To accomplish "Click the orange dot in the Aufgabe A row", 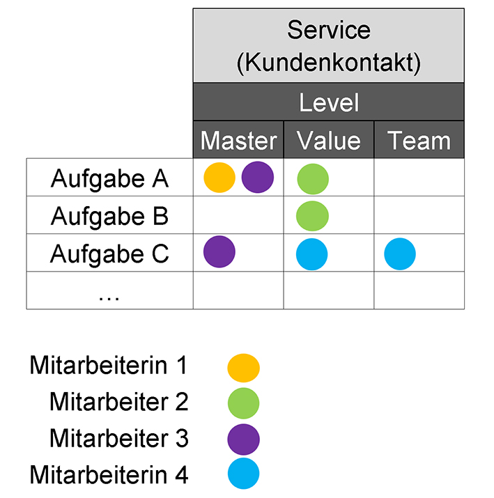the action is point(219,178).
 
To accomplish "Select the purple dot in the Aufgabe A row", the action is point(258,177).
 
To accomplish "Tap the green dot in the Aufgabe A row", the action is point(313,179).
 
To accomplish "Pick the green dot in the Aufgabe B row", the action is point(312,216).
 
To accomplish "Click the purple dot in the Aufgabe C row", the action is point(219,251).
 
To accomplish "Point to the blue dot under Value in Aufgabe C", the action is point(311,254).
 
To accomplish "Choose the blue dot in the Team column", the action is point(400,254).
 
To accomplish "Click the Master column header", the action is point(238,141).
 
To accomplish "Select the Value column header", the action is point(329,141).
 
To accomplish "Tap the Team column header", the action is point(419,141).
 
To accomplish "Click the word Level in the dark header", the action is point(329,102).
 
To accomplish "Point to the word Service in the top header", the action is point(329,30).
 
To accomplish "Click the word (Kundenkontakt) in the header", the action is point(329,63).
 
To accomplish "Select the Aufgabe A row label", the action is point(109,178).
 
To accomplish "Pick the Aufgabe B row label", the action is point(109,217).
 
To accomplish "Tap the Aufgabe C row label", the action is point(109,254).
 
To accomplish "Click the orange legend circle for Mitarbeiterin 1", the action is point(244,368).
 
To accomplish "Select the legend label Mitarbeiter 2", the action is point(119,402).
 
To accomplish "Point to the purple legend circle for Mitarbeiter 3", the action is point(244,439).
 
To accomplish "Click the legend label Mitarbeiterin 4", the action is point(109,474).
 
